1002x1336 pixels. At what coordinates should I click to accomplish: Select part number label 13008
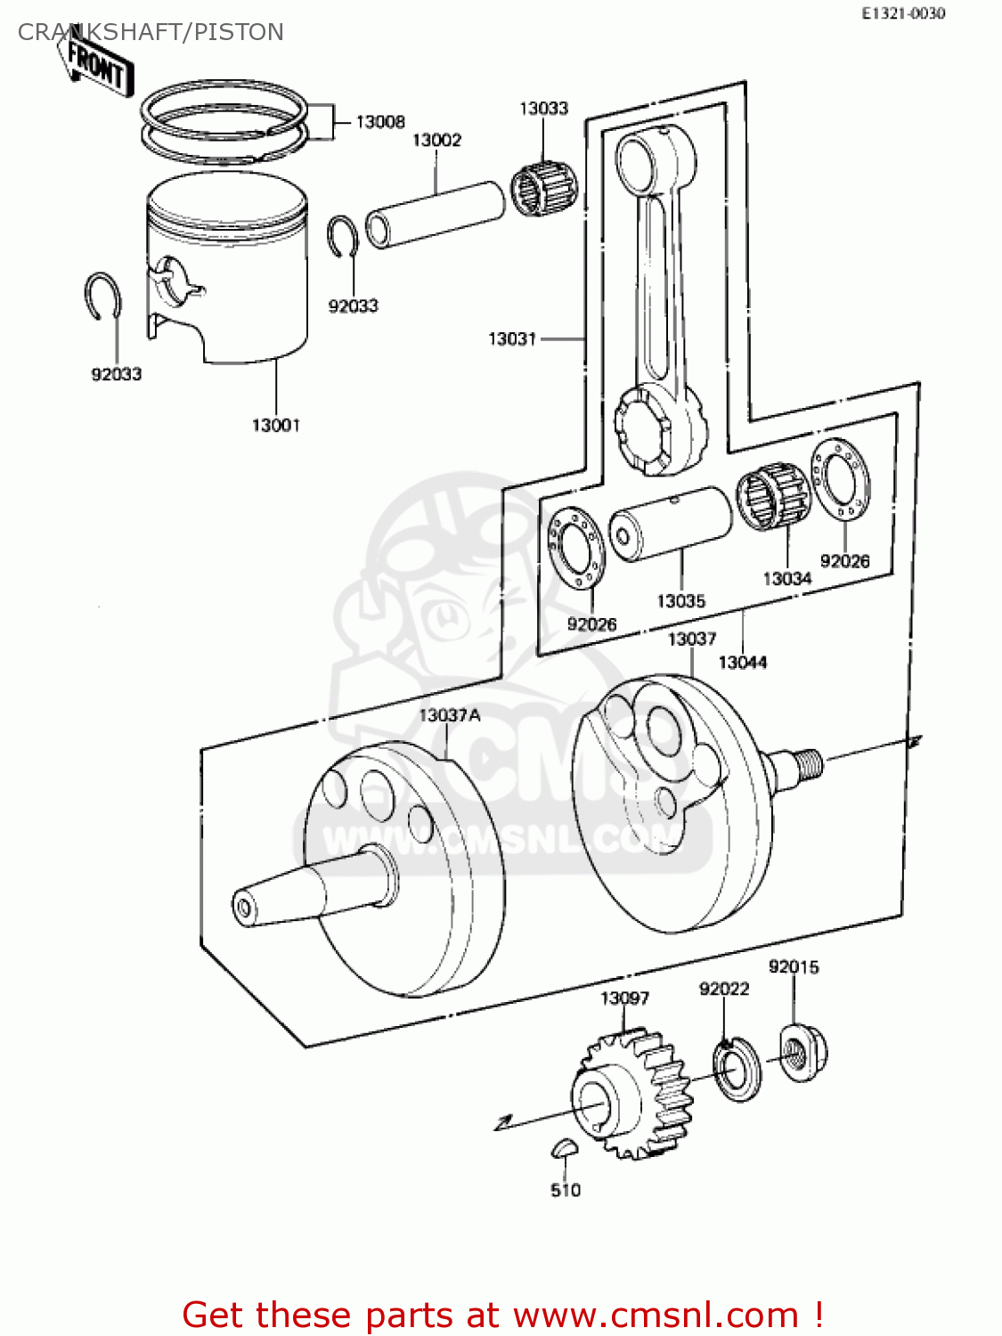[380, 122]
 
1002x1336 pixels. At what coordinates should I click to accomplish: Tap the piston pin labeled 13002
[435, 214]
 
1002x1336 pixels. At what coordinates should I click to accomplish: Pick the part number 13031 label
[512, 338]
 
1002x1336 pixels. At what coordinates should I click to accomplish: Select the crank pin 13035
[670, 524]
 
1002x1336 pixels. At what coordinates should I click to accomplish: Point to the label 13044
[742, 662]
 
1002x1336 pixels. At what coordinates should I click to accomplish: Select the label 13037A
[449, 715]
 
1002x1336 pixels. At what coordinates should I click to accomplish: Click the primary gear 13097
[632, 1096]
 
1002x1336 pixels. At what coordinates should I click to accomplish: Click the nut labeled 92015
[802, 1054]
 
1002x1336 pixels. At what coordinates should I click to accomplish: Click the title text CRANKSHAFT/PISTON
[151, 32]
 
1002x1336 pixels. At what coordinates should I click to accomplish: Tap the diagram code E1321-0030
[902, 13]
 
